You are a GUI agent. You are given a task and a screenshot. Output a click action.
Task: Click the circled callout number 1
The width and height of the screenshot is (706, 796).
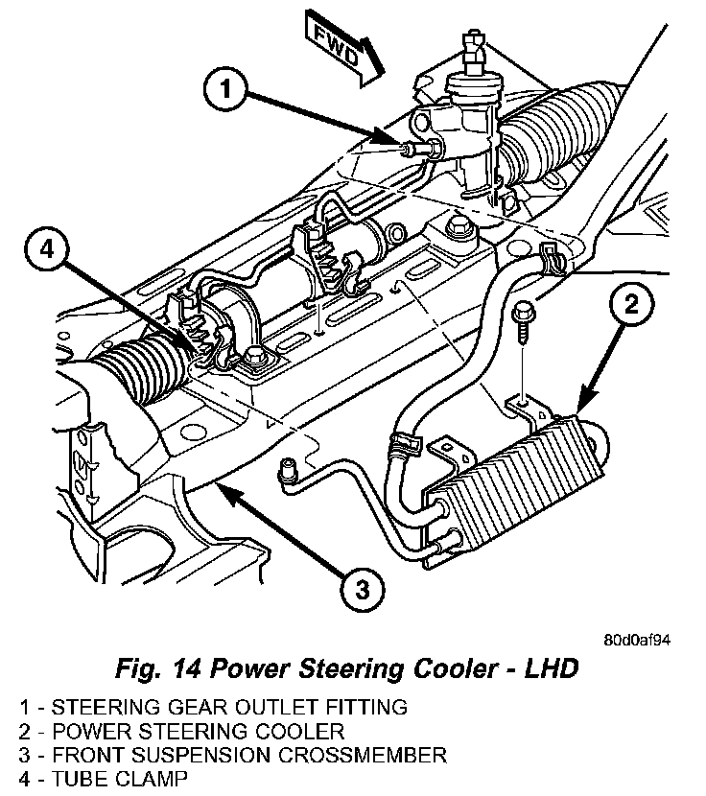click(x=225, y=90)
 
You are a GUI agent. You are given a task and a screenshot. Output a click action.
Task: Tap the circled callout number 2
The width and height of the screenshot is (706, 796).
click(x=631, y=305)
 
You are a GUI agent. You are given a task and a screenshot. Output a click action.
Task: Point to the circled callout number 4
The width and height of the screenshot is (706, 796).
click(x=46, y=249)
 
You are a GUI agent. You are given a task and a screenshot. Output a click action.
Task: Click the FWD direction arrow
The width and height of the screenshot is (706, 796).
click(x=342, y=51)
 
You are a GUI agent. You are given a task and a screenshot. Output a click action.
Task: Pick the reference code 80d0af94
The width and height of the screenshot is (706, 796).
click(x=637, y=640)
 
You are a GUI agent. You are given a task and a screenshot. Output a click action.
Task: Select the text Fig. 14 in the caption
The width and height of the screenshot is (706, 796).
click(x=158, y=669)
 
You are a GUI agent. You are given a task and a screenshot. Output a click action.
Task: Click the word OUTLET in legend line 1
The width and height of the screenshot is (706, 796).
click(x=274, y=707)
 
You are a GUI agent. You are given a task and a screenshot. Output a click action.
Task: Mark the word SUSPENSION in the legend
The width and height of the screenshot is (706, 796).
click(x=200, y=755)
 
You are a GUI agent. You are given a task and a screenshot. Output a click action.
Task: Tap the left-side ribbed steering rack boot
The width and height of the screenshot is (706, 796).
click(x=140, y=368)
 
